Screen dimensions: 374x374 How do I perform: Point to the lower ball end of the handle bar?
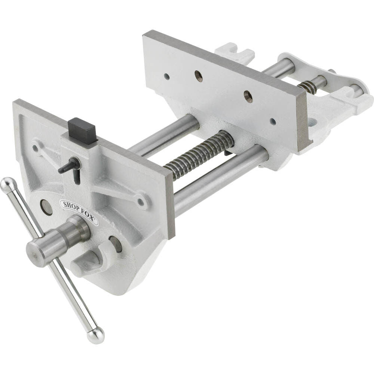96,335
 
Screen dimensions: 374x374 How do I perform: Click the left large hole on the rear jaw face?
199,76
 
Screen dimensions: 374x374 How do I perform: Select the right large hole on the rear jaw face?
248,96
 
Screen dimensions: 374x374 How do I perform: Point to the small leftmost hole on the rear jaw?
166,77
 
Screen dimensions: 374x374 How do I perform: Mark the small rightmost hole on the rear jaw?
273,122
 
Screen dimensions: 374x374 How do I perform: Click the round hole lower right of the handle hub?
116,244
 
